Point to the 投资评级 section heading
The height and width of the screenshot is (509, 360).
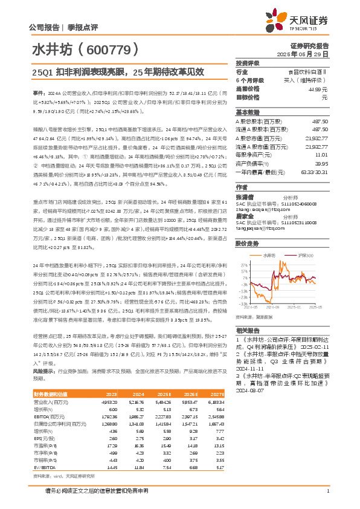pos(248,63)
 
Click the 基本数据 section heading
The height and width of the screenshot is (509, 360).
pos(248,113)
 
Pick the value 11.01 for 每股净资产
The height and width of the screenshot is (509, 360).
pos(322,155)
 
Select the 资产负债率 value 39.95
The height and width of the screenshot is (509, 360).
pos(321,163)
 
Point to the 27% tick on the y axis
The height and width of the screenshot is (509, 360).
pos(244,247)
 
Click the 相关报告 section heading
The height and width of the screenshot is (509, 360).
pos(248,330)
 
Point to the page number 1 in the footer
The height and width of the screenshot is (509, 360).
pos(327,491)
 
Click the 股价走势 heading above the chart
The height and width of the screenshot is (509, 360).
pos(248,227)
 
